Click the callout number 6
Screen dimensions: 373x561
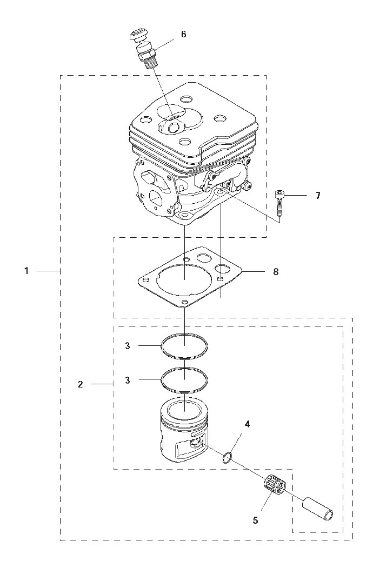[x=184, y=35]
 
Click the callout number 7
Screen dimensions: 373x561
[x=318, y=196]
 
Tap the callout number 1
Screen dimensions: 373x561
[x=26, y=271]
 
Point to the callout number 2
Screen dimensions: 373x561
[x=80, y=384]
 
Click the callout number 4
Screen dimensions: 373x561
[x=247, y=425]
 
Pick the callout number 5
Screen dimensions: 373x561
[x=255, y=520]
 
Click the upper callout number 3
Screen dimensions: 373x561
[x=128, y=346]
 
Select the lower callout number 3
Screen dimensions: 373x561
[x=128, y=380]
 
